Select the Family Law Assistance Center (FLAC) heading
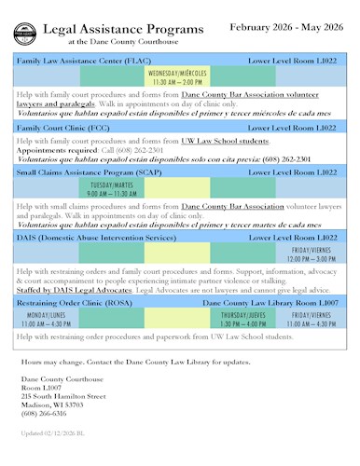click(x=72, y=61)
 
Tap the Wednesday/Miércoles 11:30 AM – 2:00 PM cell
click(x=177, y=77)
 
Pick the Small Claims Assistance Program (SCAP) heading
click(x=83, y=172)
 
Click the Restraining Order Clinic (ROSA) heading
click(x=76, y=304)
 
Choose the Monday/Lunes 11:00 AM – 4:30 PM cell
click(x=47, y=320)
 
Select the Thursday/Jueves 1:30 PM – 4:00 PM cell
click(x=243, y=320)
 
